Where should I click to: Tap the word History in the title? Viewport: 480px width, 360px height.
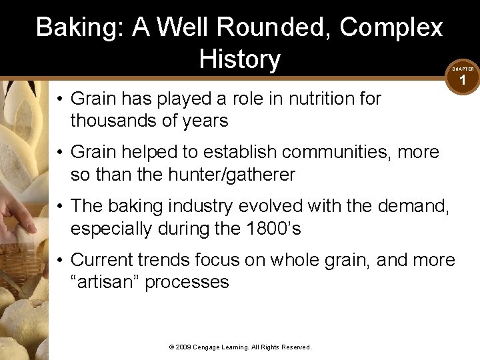(239, 59)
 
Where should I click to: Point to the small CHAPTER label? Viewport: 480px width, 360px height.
(463, 69)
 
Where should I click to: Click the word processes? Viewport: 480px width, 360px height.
(187, 282)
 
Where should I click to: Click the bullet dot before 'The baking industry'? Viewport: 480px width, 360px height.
(59, 207)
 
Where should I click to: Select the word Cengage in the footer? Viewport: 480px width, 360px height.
(211, 347)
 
